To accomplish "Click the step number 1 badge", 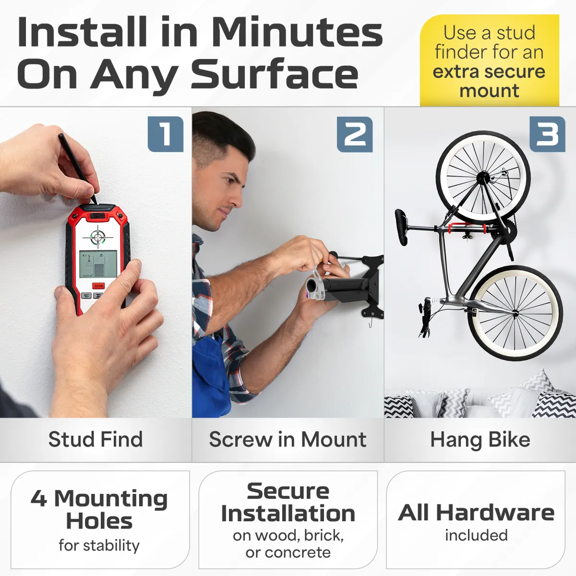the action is point(165,134).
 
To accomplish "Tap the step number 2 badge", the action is point(355,134).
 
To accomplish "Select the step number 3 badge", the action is point(547,134).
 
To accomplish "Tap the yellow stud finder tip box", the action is point(489,60).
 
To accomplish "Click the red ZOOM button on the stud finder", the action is point(98,286).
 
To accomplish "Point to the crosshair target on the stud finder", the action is point(98,238).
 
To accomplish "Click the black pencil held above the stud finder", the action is point(77,168).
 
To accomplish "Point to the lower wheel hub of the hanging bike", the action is point(516,313).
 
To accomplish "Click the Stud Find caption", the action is point(96,439).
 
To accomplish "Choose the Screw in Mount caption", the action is point(288,439).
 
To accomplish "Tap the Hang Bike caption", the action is point(480,440).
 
